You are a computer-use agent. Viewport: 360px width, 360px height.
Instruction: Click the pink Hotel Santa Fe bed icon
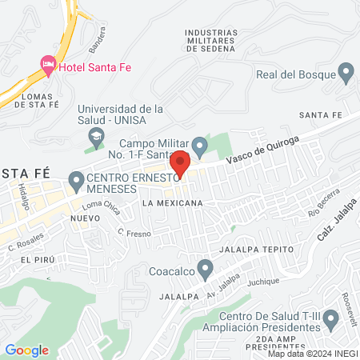tap(48, 64)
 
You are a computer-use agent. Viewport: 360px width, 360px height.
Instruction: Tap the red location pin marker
tap(180, 163)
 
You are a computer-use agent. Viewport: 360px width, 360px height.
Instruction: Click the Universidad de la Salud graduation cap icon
tap(96, 138)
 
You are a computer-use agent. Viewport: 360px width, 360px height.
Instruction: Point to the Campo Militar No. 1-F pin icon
tap(200, 146)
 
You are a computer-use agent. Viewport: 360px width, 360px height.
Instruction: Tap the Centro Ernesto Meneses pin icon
tap(76, 182)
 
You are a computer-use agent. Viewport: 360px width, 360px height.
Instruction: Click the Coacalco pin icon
tap(206, 269)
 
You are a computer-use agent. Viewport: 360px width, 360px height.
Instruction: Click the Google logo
tap(26, 350)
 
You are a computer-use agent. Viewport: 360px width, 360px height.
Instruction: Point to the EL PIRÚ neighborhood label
tap(38, 260)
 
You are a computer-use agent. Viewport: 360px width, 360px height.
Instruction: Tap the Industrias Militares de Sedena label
tap(210, 41)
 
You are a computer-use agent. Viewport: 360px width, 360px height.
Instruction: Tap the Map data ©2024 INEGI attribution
tap(312, 354)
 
